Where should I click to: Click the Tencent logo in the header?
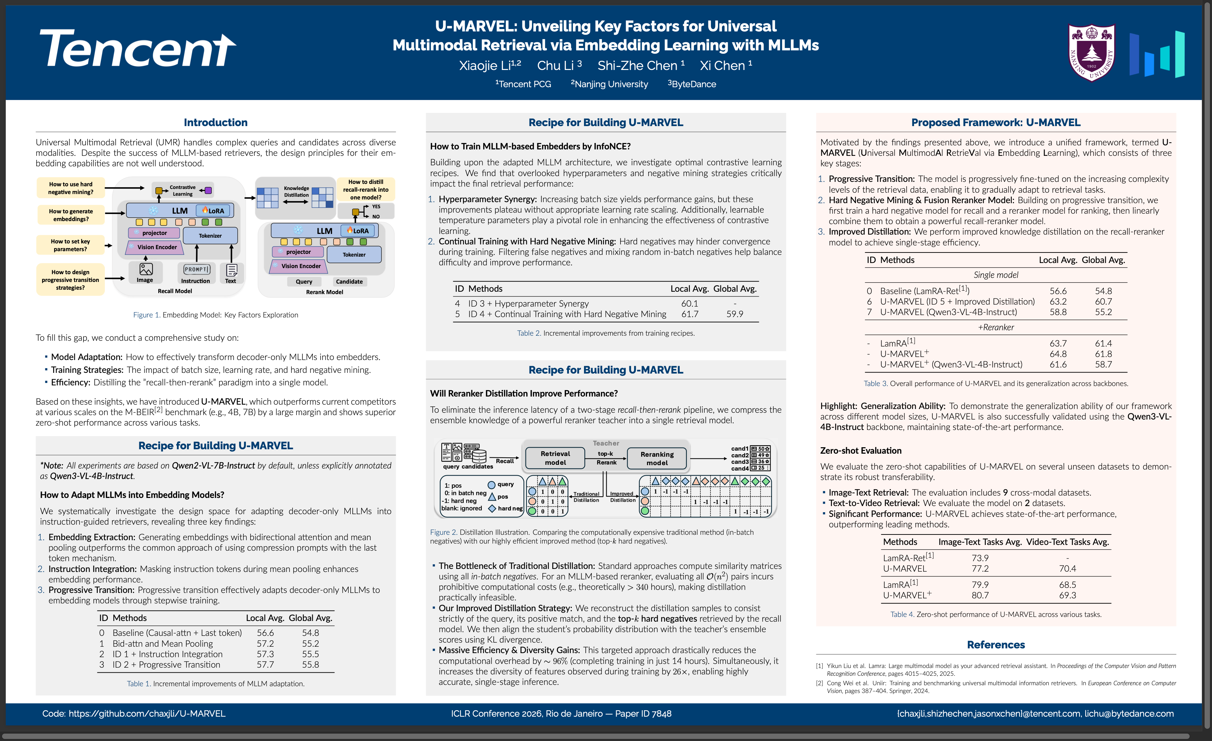138,48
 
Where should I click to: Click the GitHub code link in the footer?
134,714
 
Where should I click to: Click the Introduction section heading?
215,122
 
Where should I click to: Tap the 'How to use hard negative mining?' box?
70,188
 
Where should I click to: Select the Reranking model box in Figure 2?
657,458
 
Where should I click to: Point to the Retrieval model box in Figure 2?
555,458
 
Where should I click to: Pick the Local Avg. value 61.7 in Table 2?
689,314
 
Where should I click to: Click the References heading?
996,645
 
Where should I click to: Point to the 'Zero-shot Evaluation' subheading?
860,450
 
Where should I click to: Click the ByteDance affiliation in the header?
692,84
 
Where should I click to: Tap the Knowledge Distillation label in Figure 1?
296,192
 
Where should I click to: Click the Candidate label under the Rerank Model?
349,282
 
